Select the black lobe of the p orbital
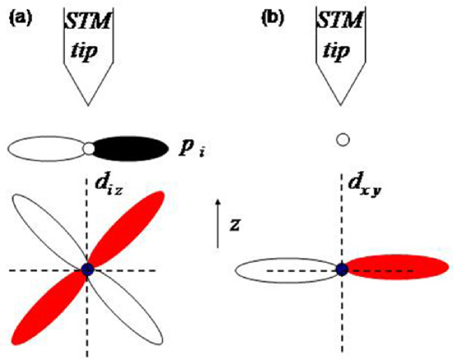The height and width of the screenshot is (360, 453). point(131,148)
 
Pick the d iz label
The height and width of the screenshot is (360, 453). point(110,185)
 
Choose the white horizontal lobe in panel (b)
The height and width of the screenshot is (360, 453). point(287,270)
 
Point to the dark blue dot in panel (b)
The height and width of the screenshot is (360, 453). point(342,270)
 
